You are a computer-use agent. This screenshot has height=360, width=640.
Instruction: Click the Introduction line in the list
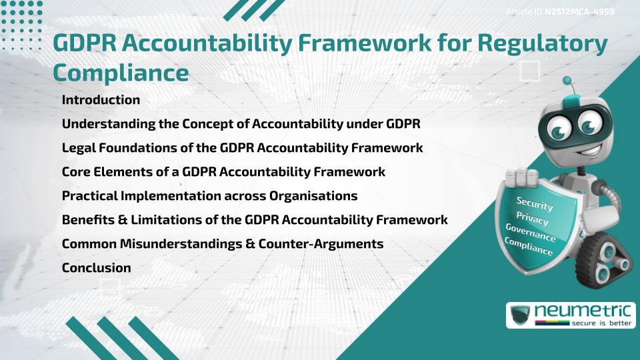coord(101,100)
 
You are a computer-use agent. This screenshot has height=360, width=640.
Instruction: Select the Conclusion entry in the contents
coord(96,268)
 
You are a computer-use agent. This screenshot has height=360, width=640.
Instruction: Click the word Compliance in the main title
coord(121,73)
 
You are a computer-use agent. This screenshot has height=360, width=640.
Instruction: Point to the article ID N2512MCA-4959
coord(579,11)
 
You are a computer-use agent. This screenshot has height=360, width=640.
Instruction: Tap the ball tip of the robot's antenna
coord(568,81)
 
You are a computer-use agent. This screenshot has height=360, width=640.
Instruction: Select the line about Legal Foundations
coord(242,148)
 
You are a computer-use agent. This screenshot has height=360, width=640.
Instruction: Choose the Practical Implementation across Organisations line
coord(209,196)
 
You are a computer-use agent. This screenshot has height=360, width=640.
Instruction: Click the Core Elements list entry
coord(223,172)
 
